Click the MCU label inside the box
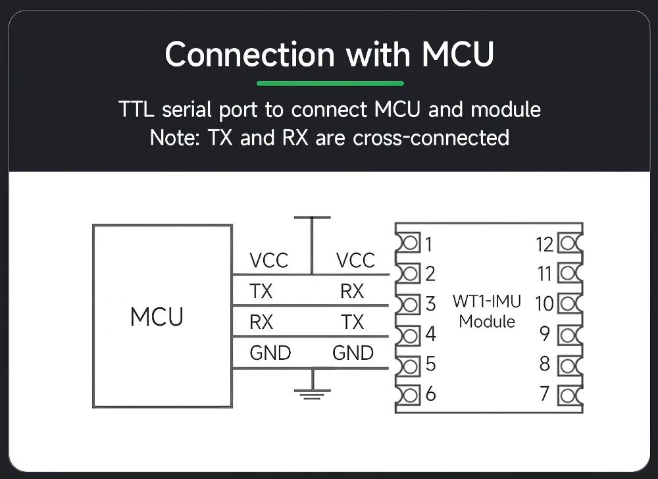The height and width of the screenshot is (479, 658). (157, 316)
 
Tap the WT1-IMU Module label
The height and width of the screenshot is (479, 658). (487, 311)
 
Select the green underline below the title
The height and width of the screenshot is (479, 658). (330, 83)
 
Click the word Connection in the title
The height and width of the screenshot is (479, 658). (249, 54)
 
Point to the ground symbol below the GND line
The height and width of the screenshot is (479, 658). (312, 384)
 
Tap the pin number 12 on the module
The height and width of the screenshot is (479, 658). (545, 245)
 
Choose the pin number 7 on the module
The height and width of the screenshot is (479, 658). (545, 394)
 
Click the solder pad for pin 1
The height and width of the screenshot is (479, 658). (409, 243)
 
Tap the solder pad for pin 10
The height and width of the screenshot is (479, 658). (570, 303)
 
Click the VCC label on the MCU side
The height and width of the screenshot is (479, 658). (268, 261)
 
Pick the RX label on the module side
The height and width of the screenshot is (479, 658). (352, 291)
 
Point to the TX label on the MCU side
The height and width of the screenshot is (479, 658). (261, 291)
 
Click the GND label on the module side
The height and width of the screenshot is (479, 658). (353, 353)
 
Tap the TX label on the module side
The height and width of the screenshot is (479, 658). (353, 322)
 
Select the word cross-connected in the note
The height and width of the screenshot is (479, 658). (431, 138)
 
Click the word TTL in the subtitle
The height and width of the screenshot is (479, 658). (136, 109)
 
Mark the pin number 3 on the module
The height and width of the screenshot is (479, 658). (430, 304)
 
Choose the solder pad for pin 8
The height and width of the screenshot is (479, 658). (570, 365)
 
